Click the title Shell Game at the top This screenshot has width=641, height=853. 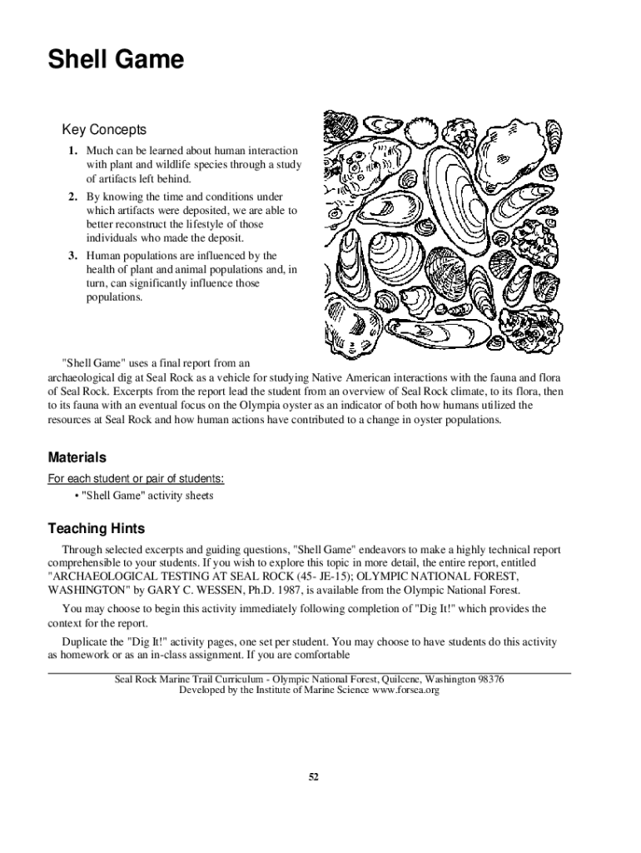116,61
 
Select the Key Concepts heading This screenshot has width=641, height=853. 104,130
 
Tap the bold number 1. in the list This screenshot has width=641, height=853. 73,151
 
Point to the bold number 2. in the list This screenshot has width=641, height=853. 73,197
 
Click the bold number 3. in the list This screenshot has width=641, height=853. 73,256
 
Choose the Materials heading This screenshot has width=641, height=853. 77,457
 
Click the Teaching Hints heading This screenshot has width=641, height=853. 96,528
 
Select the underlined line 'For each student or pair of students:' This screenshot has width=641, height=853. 136,479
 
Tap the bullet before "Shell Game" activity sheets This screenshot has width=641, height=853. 77,496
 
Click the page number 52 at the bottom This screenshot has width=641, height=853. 314,776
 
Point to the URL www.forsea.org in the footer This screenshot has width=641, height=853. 405,691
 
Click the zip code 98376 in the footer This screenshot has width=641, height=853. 487,680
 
